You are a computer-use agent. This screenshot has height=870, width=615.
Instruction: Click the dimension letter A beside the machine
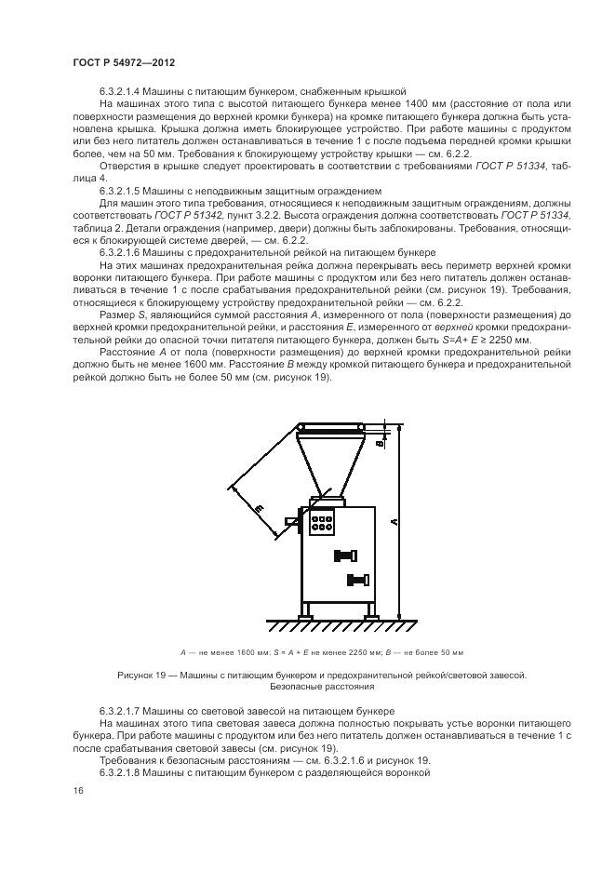[x=395, y=522]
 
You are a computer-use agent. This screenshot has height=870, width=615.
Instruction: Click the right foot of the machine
[x=370, y=613]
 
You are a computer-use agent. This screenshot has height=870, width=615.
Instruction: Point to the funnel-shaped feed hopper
[x=330, y=461]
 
